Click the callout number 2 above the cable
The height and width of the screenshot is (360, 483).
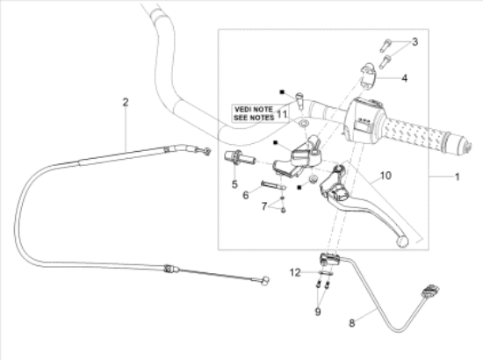[x=125, y=102]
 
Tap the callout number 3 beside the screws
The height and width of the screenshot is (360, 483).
[x=415, y=42]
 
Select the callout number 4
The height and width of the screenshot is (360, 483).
[x=405, y=78]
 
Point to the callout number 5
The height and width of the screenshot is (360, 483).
[x=234, y=184]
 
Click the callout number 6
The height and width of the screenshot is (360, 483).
[x=246, y=195]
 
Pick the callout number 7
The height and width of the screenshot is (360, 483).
[x=264, y=206]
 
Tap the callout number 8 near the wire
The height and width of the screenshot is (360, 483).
[x=352, y=323]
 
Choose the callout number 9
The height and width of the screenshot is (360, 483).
[x=318, y=312]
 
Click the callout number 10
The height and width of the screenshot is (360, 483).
[x=386, y=176]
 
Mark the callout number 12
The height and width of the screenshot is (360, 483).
[x=295, y=272]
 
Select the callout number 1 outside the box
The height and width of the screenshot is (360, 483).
[x=458, y=177]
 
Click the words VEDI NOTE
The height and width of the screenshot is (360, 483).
[x=254, y=110]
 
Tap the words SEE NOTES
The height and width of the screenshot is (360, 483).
[x=254, y=118]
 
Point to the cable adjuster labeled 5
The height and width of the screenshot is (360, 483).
[x=240, y=157]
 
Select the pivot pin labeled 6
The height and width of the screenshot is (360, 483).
[x=273, y=185]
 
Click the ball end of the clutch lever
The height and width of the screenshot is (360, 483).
[x=402, y=241]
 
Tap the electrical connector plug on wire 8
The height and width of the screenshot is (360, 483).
[x=431, y=292]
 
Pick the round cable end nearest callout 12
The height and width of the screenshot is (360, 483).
[x=264, y=281]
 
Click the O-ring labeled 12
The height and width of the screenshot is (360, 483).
[x=326, y=273]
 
